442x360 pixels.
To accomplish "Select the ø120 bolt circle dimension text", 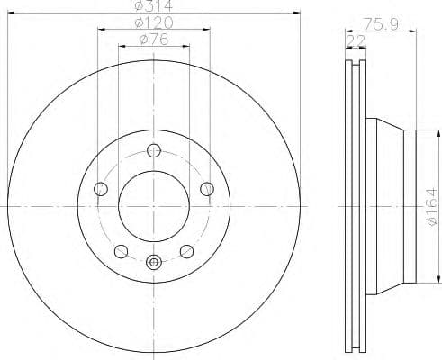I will point(153,22).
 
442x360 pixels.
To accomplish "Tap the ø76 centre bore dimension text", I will point(153,38).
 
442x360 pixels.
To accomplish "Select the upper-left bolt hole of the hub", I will point(101,189).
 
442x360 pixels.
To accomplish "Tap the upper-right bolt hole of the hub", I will point(207,189).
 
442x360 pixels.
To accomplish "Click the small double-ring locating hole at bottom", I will point(154,263).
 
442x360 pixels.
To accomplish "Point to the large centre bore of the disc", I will point(154,206).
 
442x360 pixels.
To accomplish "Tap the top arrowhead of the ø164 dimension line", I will point(419,133).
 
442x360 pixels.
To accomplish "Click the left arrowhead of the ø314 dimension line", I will point(11,15).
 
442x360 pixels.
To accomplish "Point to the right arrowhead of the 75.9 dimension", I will point(415,31).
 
